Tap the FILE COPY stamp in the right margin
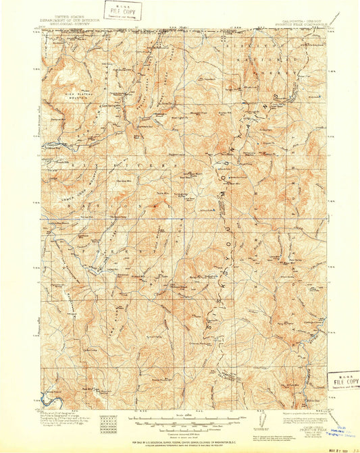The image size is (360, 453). [x=343, y=380]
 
